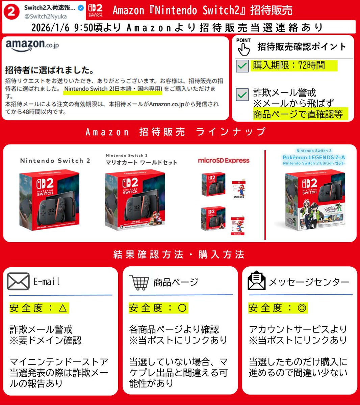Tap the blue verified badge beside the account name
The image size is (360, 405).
click(x=81, y=8)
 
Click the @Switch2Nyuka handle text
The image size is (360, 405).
click(x=45, y=16)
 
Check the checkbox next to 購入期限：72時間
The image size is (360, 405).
click(x=242, y=66)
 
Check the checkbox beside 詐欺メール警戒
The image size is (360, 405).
click(x=242, y=95)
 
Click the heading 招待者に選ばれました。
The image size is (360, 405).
click(x=50, y=70)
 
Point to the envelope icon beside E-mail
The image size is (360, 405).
click(x=18, y=281)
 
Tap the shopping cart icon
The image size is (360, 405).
click(x=139, y=282)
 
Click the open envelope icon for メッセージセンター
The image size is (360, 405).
click(x=257, y=281)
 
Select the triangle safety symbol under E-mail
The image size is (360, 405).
click(x=63, y=308)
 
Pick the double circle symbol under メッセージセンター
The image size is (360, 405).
click(x=302, y=308)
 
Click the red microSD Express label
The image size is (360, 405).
click(x=224, y=161)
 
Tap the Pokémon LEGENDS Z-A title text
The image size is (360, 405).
click(x=314, y=157)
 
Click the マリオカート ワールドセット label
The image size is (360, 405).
click(x=141, y=162)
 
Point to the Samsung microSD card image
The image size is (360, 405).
click(x=239, y=189)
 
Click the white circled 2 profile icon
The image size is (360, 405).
click(x=11, y=11)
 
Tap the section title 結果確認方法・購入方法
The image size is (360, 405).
click(x=179, y=254)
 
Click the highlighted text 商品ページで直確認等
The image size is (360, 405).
click(x=298, y=114)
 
